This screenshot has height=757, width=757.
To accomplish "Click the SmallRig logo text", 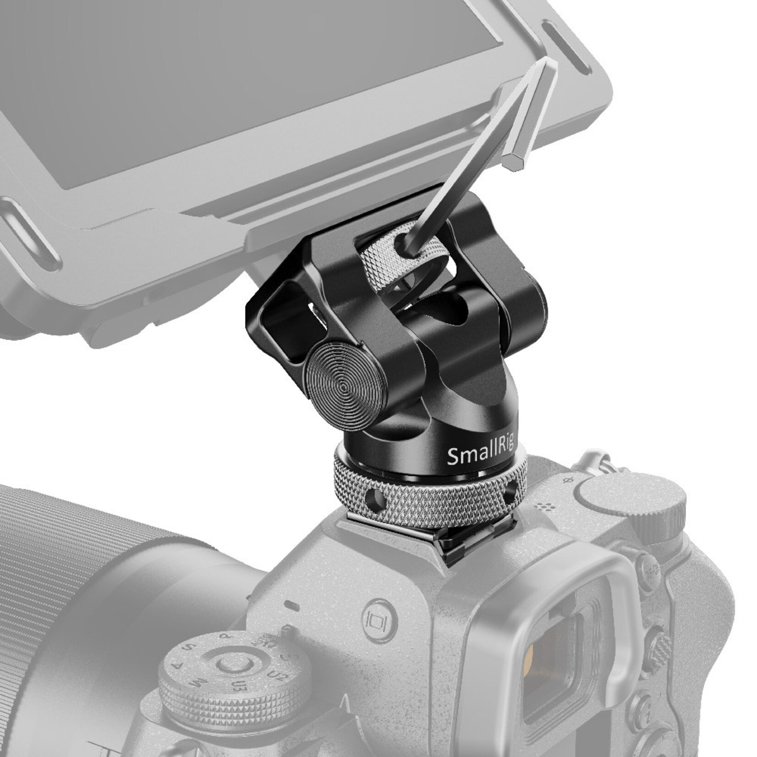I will pos(480,455).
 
